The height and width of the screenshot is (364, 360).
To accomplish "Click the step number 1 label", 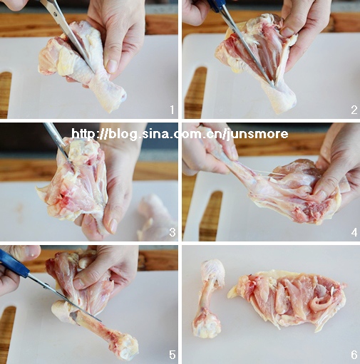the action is click(x=172, y=110).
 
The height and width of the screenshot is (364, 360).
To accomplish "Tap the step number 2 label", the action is click(x=354, y=110).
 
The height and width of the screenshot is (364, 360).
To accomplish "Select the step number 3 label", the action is click(x=173, y=232).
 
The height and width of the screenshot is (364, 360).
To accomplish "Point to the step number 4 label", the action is click(x=354, y=232).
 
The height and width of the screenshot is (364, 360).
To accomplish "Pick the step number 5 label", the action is click(x=173, y=355).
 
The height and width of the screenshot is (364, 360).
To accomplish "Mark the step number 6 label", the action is click(x=354, y=355).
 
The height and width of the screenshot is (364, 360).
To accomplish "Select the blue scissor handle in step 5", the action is click(x=14, y=263).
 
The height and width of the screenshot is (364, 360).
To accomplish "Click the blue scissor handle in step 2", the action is click(x=216, y=6).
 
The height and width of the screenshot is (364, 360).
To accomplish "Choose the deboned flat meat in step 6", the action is click(x=287, y=300).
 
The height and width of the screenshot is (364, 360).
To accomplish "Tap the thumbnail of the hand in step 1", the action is click(x=111, y=66).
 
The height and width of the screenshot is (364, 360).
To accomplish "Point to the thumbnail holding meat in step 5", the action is click(x=79, y=283).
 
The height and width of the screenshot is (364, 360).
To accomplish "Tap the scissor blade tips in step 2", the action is click(x=272, y=85).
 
